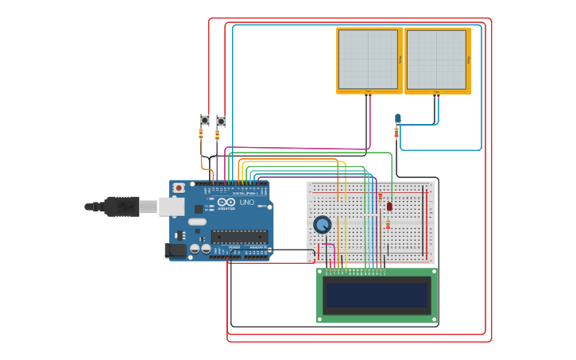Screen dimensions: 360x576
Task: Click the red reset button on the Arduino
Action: point(179,188)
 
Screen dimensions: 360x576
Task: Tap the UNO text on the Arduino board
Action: point(248,203)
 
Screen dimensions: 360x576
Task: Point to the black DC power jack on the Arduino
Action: point(176,250)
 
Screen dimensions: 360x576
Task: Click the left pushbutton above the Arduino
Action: point(204,120)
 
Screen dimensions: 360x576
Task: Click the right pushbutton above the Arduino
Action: point(221,121)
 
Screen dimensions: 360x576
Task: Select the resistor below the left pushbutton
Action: point(200,134)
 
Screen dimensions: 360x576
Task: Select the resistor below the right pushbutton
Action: point(217,134)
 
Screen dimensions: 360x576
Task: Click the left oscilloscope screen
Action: point(368,60)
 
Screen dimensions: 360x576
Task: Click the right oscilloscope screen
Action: point(436,60)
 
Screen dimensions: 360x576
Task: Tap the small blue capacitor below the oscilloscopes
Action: point(398,118)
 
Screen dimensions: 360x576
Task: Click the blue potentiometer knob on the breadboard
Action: point(322,225)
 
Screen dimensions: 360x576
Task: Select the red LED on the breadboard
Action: point(389,206)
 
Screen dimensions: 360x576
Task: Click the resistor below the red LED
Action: point(387,225)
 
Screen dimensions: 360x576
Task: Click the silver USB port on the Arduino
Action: point(171,207)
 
